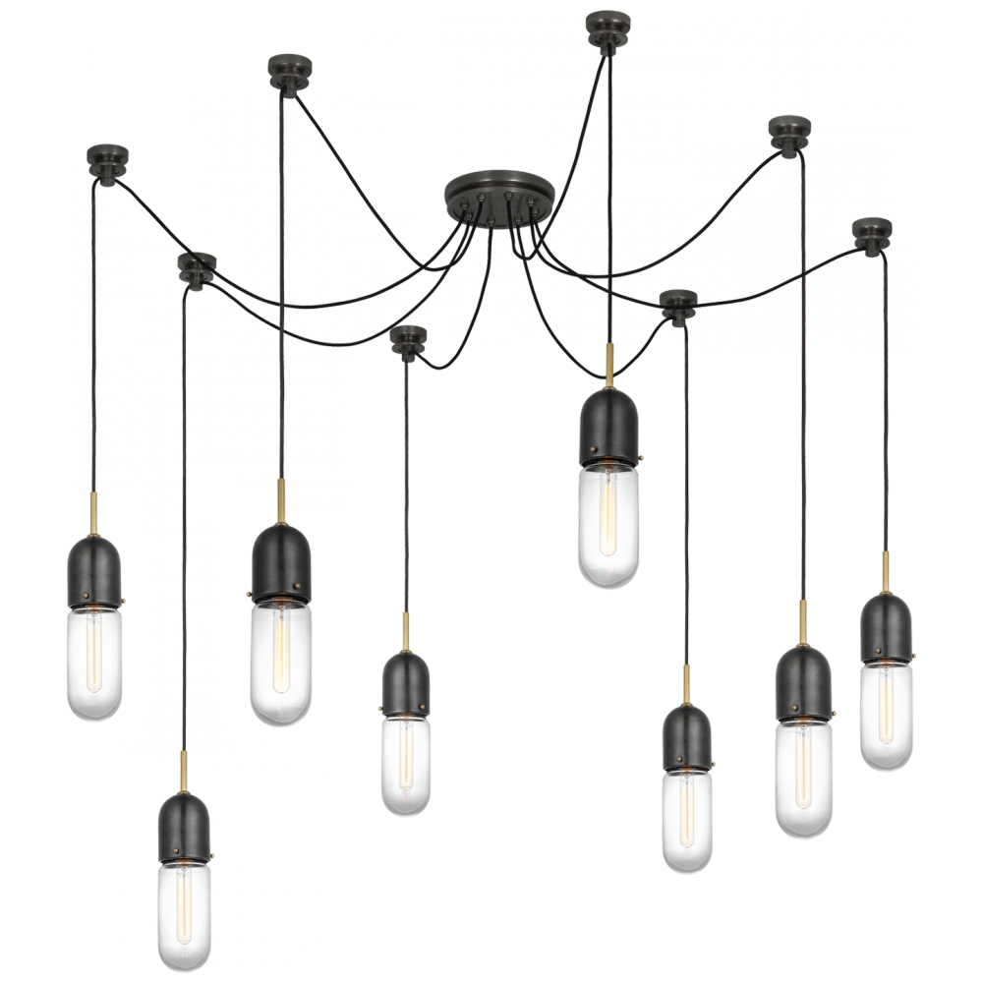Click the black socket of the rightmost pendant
(x=887, y=628)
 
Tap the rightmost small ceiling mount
(x=871, y=233)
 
